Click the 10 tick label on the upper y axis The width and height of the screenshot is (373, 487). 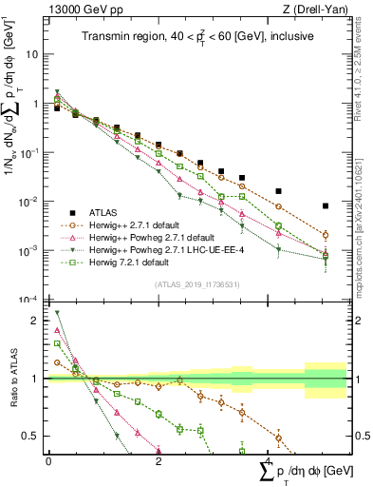31,54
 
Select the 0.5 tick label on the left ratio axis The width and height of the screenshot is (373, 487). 31,437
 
